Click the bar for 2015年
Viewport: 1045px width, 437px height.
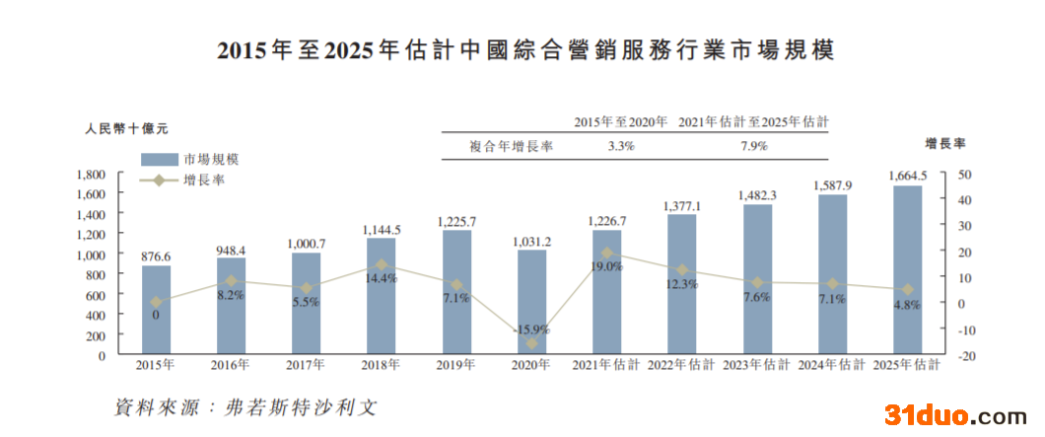156,310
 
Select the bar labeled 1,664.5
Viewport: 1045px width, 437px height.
907,269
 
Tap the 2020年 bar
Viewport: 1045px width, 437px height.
531,302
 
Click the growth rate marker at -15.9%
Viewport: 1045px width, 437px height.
531,343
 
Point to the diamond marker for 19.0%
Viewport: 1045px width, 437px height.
606,253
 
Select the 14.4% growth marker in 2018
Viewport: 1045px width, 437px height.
381,264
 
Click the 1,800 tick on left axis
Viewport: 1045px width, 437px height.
91,175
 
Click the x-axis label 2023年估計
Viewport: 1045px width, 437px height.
756,365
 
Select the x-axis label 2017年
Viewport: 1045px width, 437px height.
306,365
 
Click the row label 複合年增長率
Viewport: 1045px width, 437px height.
511,146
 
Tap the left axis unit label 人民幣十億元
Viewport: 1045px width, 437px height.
126,128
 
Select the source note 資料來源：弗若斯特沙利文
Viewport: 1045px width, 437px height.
245,406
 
